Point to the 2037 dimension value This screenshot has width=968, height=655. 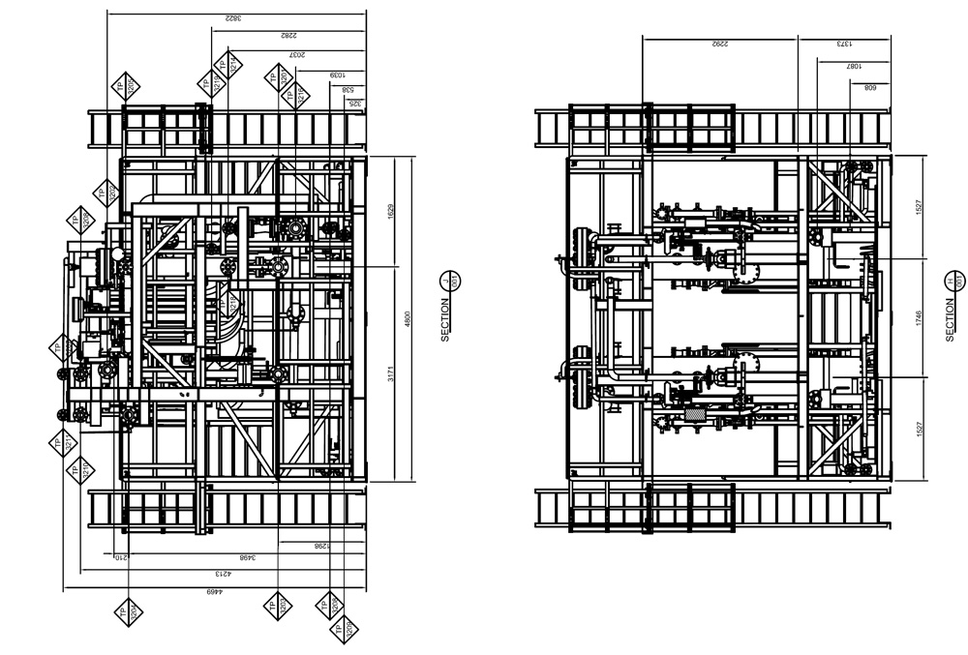tap(297, 56)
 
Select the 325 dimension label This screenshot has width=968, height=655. tap(354, 103)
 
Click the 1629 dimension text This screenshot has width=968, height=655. tap(390, 212)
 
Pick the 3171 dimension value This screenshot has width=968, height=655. tap(390, 372)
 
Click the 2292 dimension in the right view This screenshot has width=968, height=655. tap(719, 44)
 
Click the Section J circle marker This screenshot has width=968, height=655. tap(447, 281)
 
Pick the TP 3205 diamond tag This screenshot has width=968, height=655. tap(126, 86)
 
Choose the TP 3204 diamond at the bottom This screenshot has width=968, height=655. tap(126, 611)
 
